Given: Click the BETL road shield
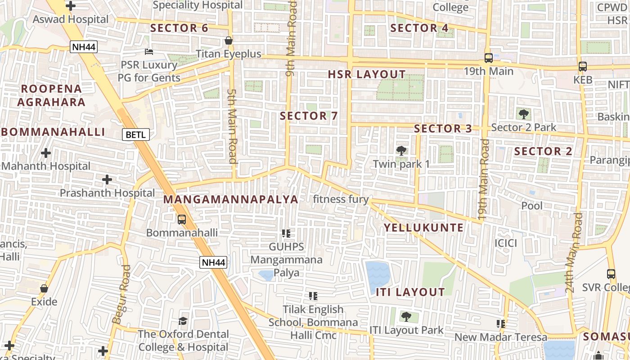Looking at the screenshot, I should coord(135,134).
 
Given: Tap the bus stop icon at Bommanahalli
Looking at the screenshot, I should coord(182,220).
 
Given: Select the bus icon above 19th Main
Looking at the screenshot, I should coord(488,58).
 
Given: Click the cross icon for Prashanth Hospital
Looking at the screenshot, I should coord(107,180).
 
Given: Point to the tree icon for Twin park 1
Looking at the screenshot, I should coord(401,151).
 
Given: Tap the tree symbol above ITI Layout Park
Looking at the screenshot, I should coord(406,317).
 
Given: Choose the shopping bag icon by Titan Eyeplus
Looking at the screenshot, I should coord(229,41).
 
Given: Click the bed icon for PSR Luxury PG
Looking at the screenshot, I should coord(149,52).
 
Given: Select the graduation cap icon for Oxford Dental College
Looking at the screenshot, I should coord(183,321).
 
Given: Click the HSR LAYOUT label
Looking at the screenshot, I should coord(367,75).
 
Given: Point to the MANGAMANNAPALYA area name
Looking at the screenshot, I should coord(230,199).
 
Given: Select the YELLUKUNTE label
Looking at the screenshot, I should coord(423,228).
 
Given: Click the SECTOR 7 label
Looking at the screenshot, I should coord(309,116).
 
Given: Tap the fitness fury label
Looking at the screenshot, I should coord(341,199).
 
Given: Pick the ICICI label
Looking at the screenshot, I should coord(506,243).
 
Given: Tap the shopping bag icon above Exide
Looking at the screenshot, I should coord(44,288).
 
